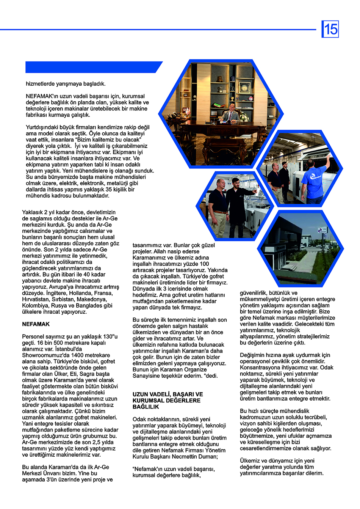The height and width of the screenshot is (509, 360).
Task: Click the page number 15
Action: (330, 29)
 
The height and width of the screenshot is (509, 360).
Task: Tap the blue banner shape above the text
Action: (93, 67)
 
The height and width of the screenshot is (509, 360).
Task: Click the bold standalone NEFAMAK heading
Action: (36, 324)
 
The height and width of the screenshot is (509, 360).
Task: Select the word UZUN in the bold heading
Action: (141, 394)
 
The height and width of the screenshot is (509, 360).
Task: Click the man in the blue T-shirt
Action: (314, 180)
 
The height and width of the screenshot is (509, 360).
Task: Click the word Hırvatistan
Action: (36, 299)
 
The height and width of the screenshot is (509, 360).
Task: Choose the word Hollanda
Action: (74, 293)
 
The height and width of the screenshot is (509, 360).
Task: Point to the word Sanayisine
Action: (148, 376)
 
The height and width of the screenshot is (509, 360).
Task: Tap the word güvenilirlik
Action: (254, 293)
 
